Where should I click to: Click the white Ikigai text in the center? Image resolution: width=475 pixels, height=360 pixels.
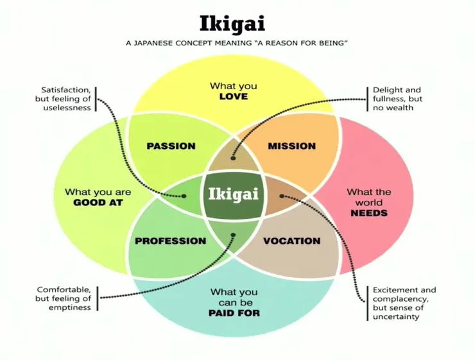tap(232, 192)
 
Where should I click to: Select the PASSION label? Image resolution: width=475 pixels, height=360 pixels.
tap(171, 146)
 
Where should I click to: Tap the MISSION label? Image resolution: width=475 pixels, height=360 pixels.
tap(291, 146)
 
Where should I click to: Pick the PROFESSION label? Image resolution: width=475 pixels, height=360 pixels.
tap(171, 241)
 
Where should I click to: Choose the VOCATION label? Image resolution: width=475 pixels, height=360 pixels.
tap(291, 241)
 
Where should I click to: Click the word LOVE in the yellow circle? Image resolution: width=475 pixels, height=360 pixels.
tap(233, 96)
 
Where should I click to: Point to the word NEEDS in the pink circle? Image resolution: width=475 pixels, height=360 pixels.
tap(369, 212)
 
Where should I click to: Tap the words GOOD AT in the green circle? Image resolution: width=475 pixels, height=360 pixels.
tap(98, 203)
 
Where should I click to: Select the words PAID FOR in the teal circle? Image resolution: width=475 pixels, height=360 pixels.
tap(234, 313)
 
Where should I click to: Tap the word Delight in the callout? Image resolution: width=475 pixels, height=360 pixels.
tap(388, 90)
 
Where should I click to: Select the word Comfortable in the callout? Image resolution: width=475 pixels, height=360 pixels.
tap(64, 289)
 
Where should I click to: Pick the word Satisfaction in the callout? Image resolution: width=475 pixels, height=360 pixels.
tap(66, 90)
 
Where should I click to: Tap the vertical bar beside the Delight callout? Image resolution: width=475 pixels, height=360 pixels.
tap(368, 99)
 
